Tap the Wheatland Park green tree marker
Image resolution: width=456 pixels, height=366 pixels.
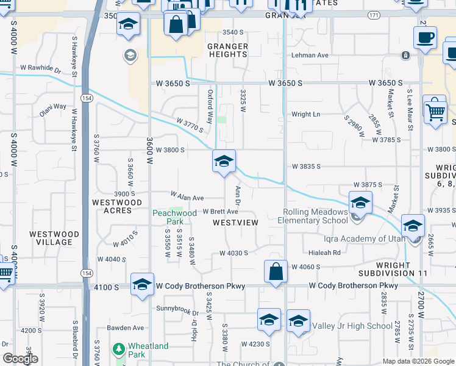pos(119,350)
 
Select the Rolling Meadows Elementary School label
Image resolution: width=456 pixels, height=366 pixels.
pos(315,216)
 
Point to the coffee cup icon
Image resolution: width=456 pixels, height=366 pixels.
pos(425,37)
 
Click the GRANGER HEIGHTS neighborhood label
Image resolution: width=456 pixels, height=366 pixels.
pos(227,50)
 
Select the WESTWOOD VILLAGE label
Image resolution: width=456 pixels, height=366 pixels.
pos(54,238)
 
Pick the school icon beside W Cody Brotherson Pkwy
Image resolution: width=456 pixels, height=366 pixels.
pos(143,285)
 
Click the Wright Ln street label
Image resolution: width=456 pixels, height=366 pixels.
pos(305,114)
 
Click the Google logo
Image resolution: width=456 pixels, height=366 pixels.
pos(21,359)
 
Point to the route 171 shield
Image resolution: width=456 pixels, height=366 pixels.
pos(372,15)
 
